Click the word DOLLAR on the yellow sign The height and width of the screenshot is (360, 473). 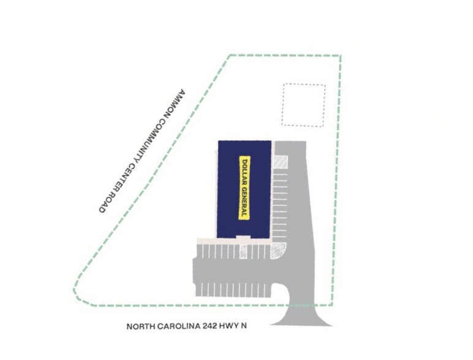click(244, 171)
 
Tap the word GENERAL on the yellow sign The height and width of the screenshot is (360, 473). click(244, 200)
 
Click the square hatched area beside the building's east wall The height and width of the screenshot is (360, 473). click(280, 162)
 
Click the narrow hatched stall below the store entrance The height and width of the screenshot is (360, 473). click(243, 252)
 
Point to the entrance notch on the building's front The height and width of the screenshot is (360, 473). click(243, 238)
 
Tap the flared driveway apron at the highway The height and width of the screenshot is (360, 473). click(301, 317)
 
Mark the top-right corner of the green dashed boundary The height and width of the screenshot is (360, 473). click(341, 56)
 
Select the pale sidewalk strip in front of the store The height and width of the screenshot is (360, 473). click(234, 241)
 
